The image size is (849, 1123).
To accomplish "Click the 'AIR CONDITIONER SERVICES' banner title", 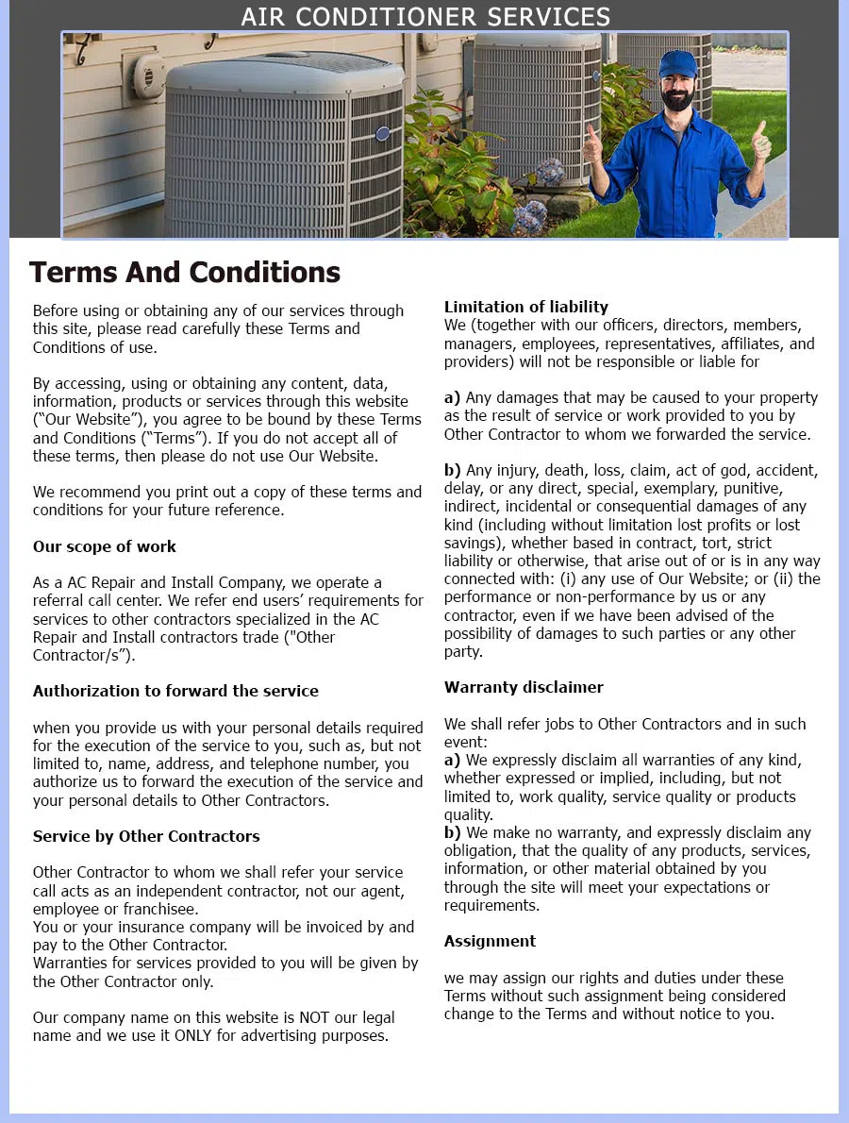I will [x=425, y=16].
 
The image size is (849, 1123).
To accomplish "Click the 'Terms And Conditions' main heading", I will [x=185, y=272].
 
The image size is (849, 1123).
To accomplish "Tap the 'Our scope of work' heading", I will [x=105, y=546].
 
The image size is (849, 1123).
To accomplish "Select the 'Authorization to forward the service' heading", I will [x=175, y=691].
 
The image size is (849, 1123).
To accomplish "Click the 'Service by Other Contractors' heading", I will [x=146, y=836].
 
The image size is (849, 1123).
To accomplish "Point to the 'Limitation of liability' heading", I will [x=526, y=307].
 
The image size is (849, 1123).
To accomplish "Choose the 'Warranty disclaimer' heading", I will [x=524, y=687].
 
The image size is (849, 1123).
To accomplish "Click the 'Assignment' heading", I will [x=490, y=941].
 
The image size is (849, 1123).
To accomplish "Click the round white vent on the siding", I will [x=149, y=75].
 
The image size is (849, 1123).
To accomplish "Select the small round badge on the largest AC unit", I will [x=382, y=134].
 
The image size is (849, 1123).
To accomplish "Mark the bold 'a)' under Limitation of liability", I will [x=452, y=398].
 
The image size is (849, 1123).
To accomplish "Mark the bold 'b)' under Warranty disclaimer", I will [x=452, y=832].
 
